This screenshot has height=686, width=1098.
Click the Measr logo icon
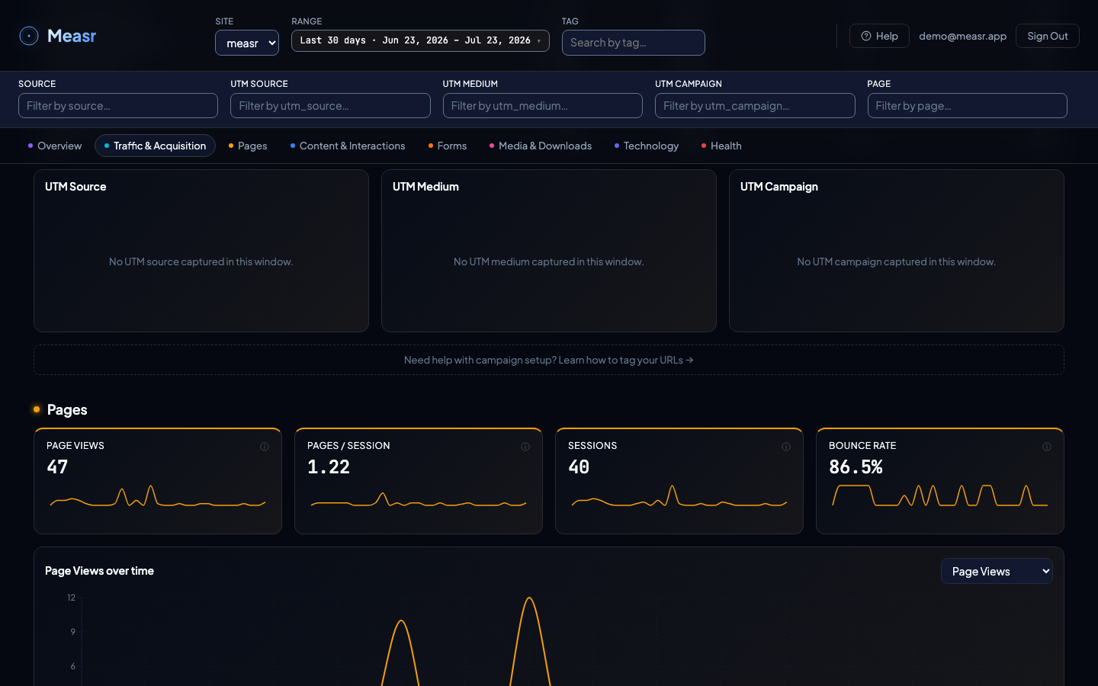click(x=29, y=36)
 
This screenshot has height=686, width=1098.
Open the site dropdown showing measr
click(x=247, y=43)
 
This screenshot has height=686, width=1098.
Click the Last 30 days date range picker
click(x=420, y=40)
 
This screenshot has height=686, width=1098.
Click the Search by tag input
click(x=634, y=43)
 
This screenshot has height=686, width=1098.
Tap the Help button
click(x=879, y=36)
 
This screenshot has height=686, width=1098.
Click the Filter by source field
click(x=118, y=105)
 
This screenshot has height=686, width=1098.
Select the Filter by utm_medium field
click(x=543, y=105)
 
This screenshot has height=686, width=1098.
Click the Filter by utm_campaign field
click(x=755, y=105)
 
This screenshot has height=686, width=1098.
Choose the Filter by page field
click(x=967, y=105)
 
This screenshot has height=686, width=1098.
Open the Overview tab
click(x=55, y=146)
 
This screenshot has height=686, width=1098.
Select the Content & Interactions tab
click(x=348, y=146)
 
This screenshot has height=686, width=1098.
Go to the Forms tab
click(x=448, y=146)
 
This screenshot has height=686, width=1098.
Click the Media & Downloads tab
click(x=540, y=146)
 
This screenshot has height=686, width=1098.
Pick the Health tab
click(x=721, y=146)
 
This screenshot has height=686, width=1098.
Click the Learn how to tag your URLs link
click(x=626, y=360)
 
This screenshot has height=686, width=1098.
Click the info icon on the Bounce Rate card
click(x=1046, y=447)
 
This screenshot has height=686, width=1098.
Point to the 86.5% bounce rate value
click(x=856, y=466)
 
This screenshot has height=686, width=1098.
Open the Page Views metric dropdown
click(x=997, y=571)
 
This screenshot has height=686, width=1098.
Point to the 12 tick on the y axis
click(x=72, y=598)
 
